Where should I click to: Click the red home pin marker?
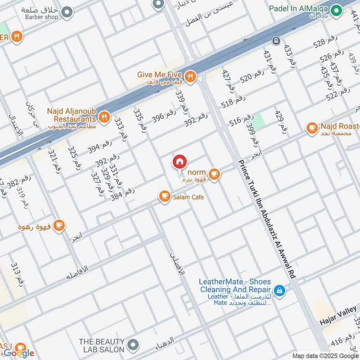180,162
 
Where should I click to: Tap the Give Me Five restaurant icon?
190,76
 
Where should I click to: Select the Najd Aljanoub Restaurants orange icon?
104,117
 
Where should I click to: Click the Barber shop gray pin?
67,12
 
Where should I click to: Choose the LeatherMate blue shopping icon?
279,291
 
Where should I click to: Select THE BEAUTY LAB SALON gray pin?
132,345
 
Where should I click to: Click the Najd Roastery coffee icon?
311,128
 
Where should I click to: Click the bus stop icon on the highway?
275,41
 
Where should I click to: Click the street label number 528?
325,42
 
